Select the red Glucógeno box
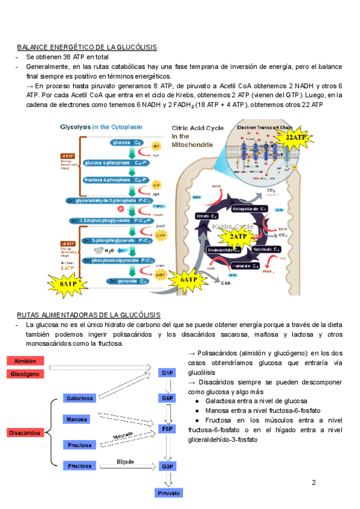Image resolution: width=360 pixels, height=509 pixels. pos(25,374)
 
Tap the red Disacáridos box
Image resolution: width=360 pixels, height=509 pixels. pos(25,432)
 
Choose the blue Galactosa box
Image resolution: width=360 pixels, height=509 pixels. pos(80,399)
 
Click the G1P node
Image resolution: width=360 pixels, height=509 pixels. pos(167,373)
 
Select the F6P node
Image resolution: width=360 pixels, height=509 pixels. pos(167,430)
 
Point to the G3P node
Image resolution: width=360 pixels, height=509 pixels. pos(167,466)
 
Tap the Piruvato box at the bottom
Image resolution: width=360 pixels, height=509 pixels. pos(169,493)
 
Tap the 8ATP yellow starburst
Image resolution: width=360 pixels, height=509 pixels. pos(68,284)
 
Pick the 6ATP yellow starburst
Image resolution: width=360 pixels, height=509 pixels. pos(190,279)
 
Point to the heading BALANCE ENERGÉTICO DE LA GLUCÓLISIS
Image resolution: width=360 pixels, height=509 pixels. pos(87,47)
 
